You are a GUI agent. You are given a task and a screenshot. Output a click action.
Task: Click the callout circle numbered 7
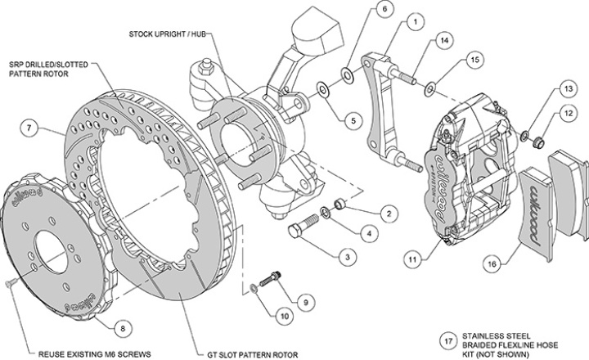(29, 128)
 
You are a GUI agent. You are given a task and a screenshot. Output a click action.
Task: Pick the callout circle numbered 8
(122, 328)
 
